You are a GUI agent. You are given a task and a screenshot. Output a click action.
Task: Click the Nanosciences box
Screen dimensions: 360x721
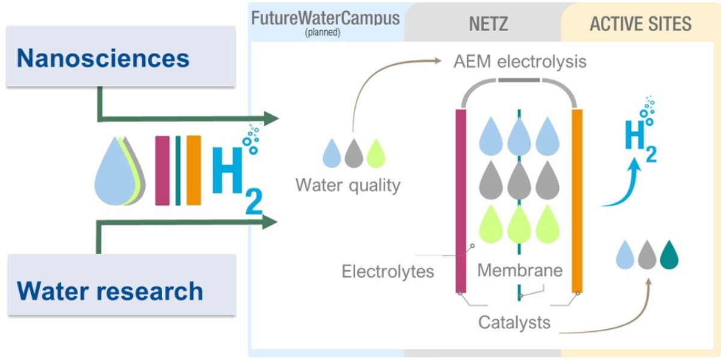[x=120, y=58]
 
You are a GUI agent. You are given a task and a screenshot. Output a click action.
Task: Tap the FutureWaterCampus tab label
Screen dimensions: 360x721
[x=325, y=17]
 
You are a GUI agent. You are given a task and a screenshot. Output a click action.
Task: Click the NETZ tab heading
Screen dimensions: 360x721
[x=488, y=24]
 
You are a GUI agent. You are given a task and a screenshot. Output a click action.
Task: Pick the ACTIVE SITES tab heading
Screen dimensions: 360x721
[x=640, y=24]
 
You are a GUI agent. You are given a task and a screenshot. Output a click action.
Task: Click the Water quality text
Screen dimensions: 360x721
[x=348, y=185]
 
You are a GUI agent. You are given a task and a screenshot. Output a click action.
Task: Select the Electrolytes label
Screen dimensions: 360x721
[x=388, y=271]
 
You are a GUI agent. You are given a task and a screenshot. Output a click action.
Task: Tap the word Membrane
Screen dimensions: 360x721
[x=520, y=270]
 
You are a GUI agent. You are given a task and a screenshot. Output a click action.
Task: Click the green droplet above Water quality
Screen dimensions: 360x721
[x=376, y=153]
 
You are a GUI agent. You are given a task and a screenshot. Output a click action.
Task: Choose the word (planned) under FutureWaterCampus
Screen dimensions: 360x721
[x=322, y=32]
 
